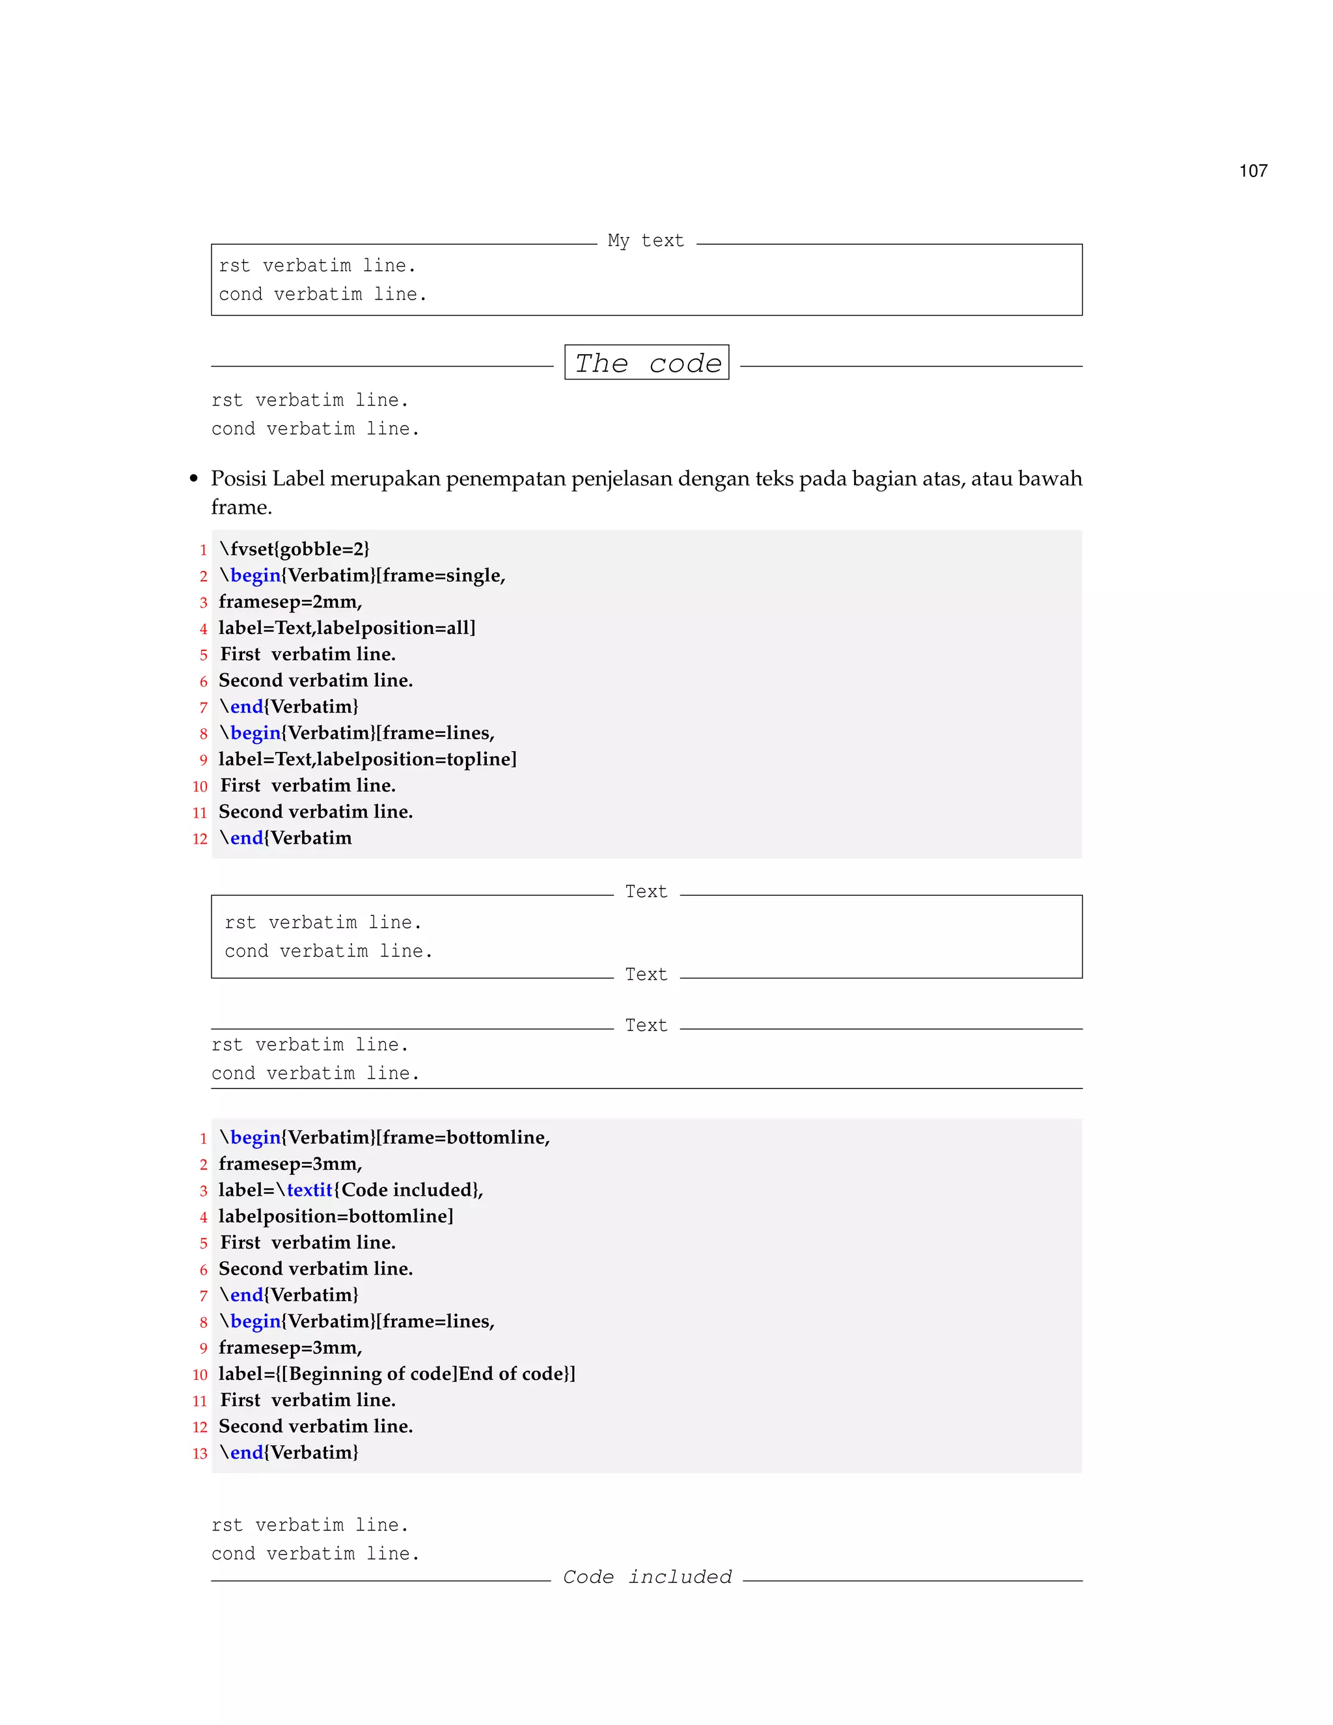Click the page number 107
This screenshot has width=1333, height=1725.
point(1252,171)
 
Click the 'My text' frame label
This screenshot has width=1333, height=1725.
point(645,240)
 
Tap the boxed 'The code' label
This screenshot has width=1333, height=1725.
point(647,363)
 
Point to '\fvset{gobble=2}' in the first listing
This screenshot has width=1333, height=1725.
point(294,549)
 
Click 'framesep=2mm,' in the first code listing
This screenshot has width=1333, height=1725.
point(290,602)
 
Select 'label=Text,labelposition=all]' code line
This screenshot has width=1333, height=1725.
point(347,628)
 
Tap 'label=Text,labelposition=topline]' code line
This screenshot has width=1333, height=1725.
point(367,759)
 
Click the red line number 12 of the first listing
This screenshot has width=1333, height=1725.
point(200,839)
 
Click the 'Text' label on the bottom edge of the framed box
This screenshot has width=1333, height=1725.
point(646,974)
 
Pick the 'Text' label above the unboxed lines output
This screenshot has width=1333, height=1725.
point(646,1025)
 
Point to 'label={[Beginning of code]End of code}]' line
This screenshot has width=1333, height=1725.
point(396,1373)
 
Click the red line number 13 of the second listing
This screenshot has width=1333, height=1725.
point(200,1454)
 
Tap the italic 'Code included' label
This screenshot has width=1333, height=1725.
point(647,1577)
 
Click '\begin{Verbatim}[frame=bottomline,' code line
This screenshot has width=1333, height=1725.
point(384,1137)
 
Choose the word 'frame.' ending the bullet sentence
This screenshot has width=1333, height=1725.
point(241,507)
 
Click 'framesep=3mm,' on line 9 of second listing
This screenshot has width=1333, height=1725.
point(290,1347)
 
